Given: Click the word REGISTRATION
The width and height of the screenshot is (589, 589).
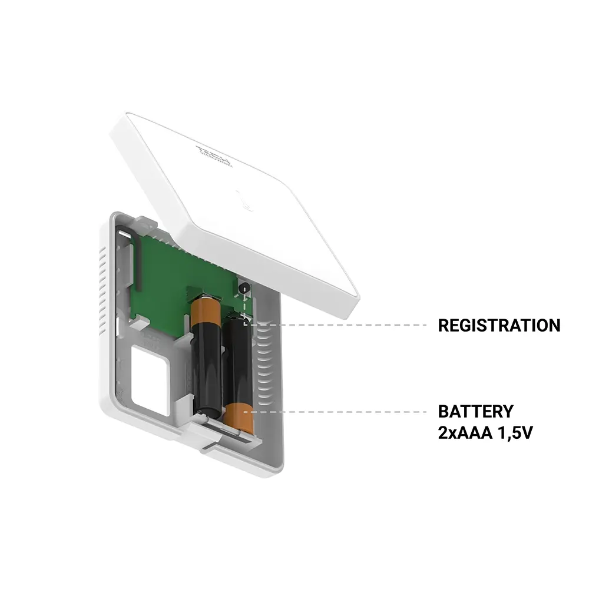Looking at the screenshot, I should (499, 325).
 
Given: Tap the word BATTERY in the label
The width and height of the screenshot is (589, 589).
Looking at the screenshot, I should (475, 411).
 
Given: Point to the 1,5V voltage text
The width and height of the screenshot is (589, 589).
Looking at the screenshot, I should (517, 433).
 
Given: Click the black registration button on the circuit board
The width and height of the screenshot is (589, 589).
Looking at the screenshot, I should (244, 288).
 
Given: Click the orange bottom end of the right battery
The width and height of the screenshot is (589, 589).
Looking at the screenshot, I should (238, 419).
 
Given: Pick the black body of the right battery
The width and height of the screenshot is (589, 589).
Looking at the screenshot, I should (239, 359).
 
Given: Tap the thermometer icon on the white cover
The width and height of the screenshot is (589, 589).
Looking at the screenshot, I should (246, 201).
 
